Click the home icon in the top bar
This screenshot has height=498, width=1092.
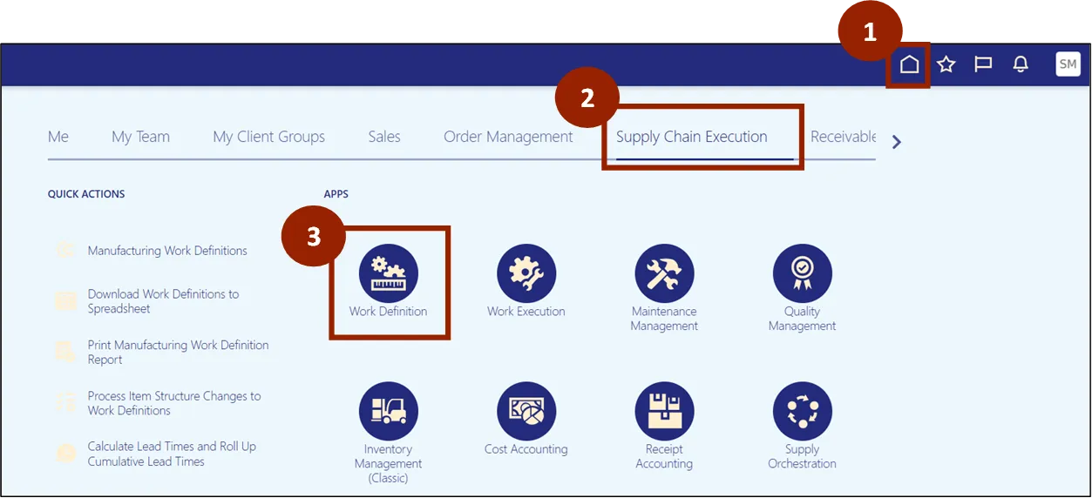[909, 64]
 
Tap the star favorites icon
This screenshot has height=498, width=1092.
[946, 64]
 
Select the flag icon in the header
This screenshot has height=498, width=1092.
[983, 64]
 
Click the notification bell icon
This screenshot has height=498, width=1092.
[1021, 64]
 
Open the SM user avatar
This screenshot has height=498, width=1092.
[1068, 64]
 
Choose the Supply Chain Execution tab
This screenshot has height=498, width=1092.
[691, 137]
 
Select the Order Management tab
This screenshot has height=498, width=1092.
[508, 137]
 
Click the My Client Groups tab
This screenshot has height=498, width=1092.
[268, 137]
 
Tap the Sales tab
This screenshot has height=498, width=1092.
[383, 137]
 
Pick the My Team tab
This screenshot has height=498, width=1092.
[140, 137]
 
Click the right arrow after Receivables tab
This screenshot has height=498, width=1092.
[897, 141]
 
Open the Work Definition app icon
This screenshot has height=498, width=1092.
[389, 273]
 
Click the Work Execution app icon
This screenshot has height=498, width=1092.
[526, 273]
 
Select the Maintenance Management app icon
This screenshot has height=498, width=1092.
[664, 273]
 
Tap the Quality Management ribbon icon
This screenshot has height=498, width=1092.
[802, 273]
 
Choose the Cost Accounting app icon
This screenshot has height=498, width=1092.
[526, 411]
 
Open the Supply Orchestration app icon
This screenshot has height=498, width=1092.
[802, 411]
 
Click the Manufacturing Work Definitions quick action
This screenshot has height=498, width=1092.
[167, 251]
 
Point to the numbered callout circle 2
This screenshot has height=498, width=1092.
[587, 98]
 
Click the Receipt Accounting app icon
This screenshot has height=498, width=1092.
[664, 411]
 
